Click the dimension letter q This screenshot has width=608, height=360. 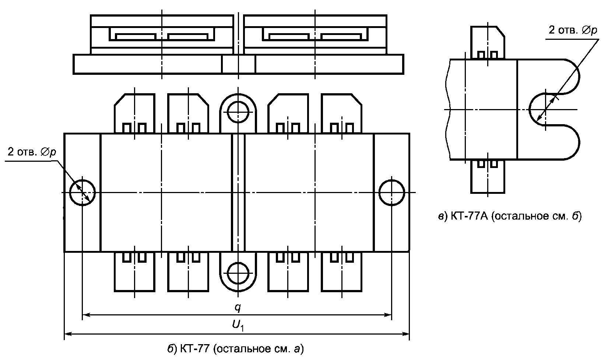tap(238, 308)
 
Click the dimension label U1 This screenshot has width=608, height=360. tap(238, 325)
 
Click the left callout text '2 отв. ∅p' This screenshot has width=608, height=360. tap(32, 152)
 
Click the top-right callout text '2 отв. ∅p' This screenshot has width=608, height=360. tap(573, 30)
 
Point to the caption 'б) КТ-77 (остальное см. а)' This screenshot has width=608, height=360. tap(236, 349)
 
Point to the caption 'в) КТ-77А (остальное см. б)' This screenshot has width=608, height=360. tap(510, 216)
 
